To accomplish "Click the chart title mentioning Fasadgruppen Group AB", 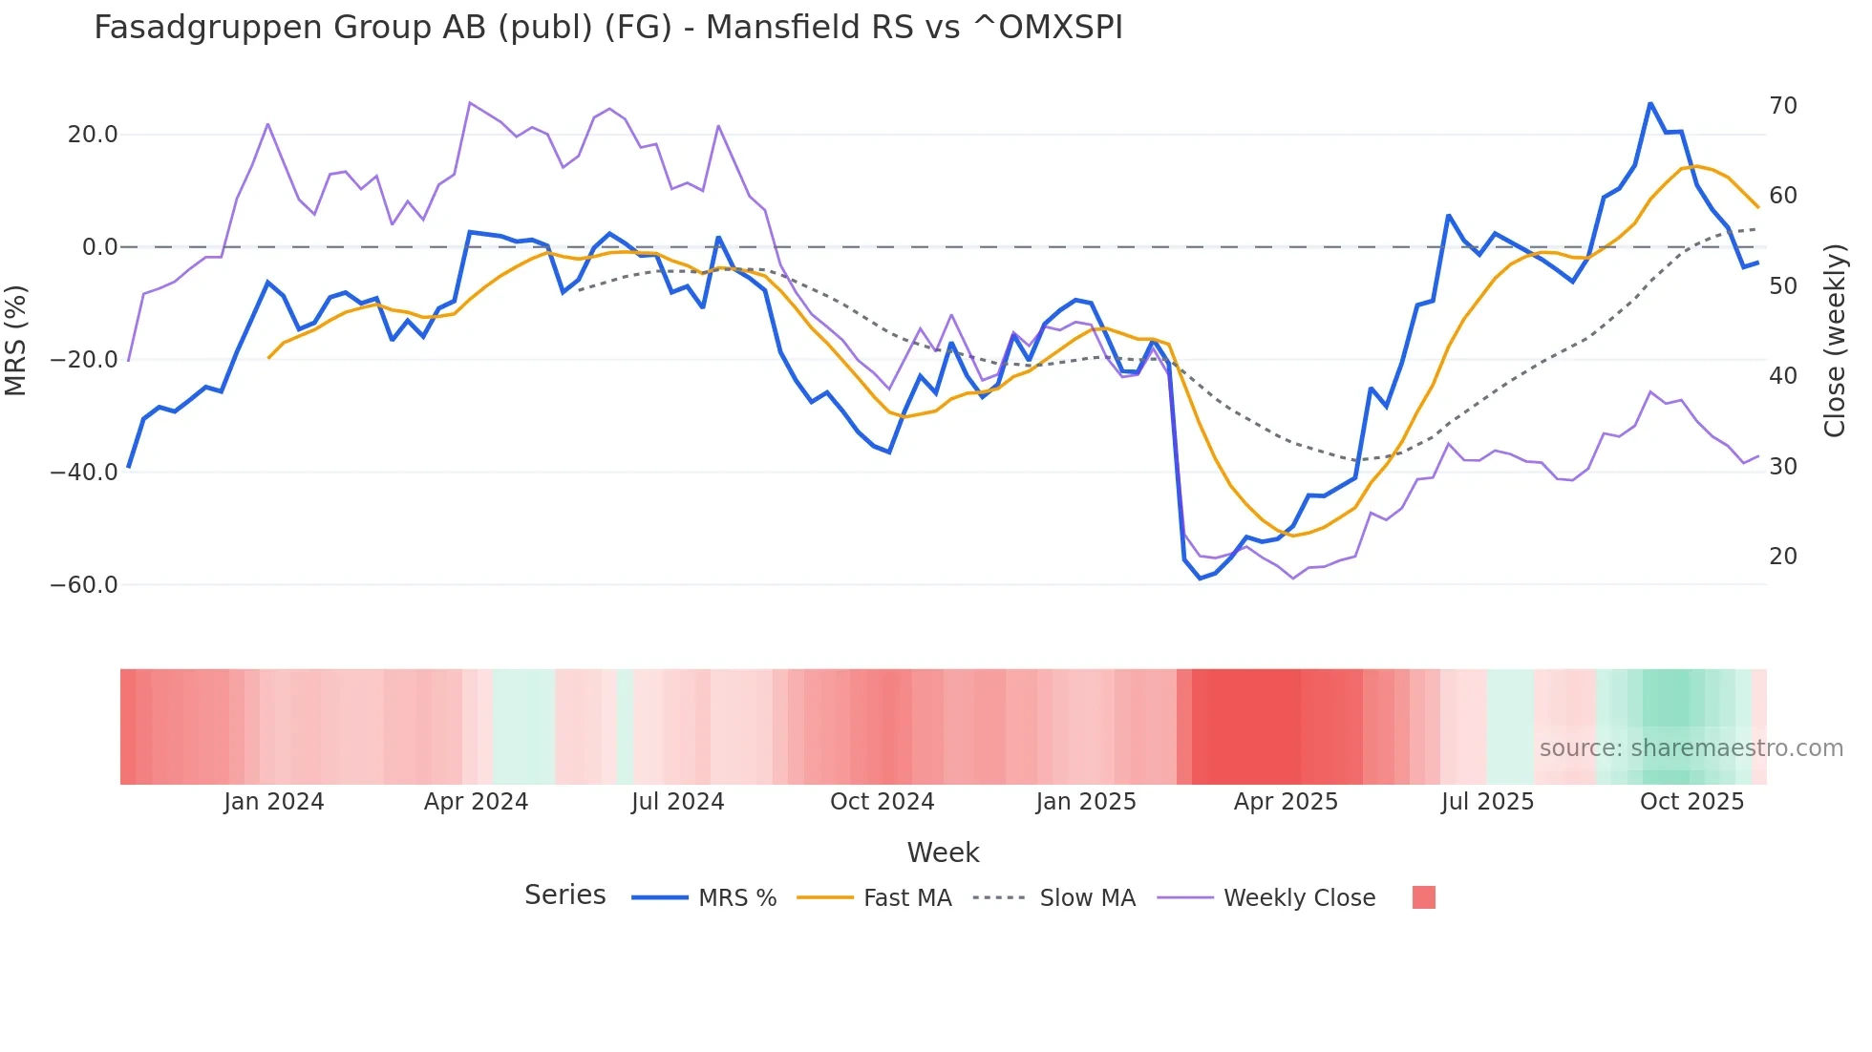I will (607, 28).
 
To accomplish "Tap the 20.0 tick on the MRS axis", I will (93, 135).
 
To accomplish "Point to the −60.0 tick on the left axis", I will (85, 585).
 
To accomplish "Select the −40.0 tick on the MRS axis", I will (85, 473).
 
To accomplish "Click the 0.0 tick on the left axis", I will (99, 247).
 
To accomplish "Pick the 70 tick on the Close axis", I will (1783, 106).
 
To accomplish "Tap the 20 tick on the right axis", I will (1783, 557).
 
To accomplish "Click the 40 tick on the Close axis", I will (1783, 376).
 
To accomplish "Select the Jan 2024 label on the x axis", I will (274, 802).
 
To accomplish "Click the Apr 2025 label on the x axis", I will (1286, 802).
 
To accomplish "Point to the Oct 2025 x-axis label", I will (1691, 802).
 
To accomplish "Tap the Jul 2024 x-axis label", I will (678, 802).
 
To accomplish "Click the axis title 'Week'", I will (943, 852).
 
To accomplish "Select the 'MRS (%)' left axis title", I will (16, 340).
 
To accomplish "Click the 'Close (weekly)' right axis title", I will (1835, 340).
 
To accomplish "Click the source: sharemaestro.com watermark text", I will (1691, 748).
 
